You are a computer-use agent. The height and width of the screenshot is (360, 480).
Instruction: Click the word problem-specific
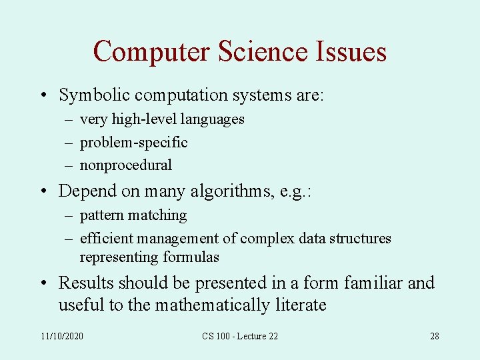coord(133,142)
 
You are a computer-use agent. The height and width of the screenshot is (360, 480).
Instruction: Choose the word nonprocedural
coord(126,165)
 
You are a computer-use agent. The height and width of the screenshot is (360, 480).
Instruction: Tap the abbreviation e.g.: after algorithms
coord(296,191)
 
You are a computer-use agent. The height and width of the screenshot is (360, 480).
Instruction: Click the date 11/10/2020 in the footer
coord(62,336)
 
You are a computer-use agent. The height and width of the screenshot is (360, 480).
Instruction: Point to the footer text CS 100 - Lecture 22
coord(240,336)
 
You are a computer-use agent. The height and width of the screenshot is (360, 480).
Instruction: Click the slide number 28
coord(434,336)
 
